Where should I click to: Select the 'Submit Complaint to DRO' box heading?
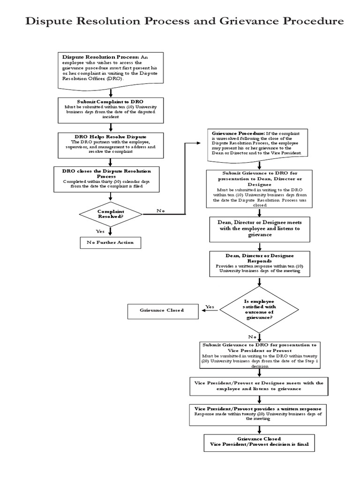[x=110, y=101]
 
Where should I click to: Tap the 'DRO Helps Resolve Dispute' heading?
[x=110, y=136]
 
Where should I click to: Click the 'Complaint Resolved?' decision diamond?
[x=111, y=214]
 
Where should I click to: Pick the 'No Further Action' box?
[x=110, y=242]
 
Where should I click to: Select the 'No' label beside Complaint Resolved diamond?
[x=161, y=211]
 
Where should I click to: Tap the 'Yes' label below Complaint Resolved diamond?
[x=100, y=231]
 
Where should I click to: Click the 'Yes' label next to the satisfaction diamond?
[x=210, y=307]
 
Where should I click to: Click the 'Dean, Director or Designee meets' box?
[x=259, y=228]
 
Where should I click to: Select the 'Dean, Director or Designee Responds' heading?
[x=259, y=258]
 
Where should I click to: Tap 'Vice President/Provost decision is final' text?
[x=259, y=444]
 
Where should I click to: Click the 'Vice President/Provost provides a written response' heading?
[x=259, y=409]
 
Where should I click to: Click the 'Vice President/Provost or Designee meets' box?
[x=259, y=386]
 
